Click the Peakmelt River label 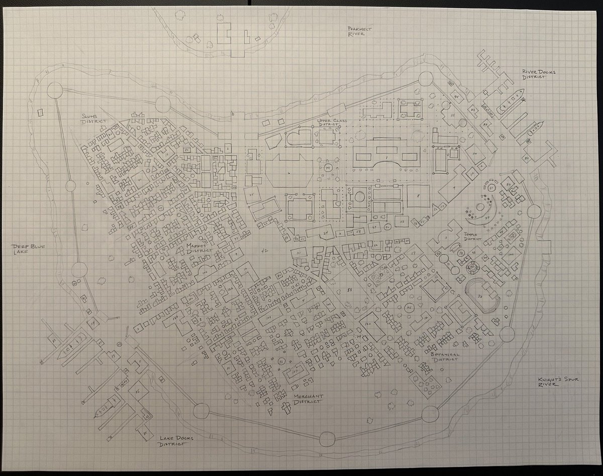[361, 32]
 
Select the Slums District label [95, 118]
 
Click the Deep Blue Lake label [27, 250]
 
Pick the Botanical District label [445, 357]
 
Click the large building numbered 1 [386, 158]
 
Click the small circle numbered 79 [327, 167]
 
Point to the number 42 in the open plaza [265, 250]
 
